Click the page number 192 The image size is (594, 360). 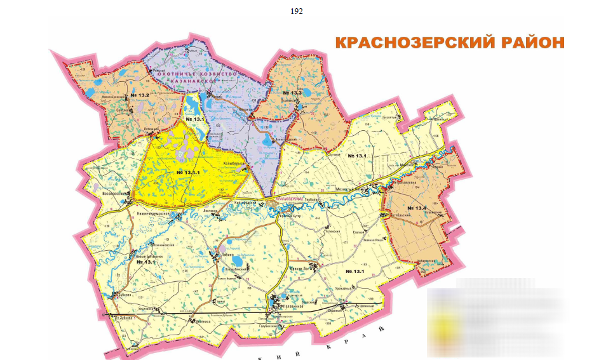click(x=296, y=11)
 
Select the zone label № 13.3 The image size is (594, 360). click(x=293, y=93)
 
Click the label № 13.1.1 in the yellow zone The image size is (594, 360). click(x=189, y=173)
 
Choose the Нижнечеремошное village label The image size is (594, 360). click(x=154, y=213)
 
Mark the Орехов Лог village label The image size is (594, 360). click(x=299, y=269)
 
